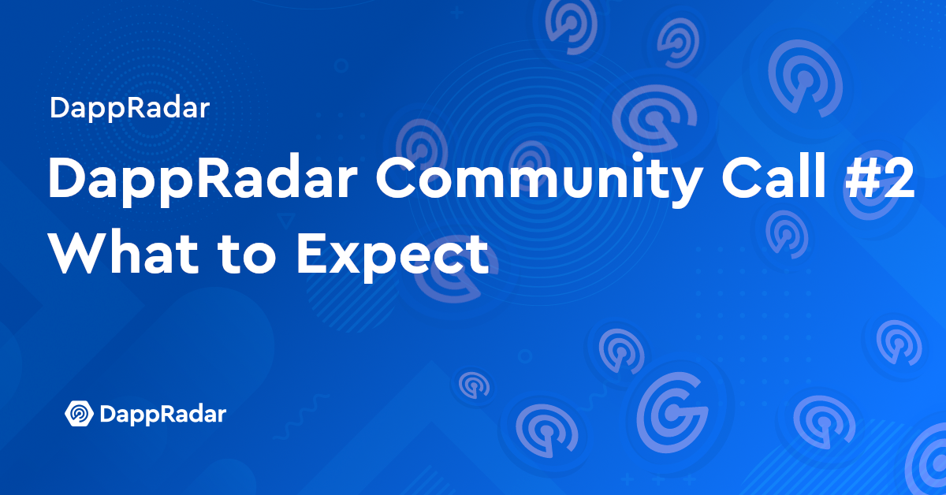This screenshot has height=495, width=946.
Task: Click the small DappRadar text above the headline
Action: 129,109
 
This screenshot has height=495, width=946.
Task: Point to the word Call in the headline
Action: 773,175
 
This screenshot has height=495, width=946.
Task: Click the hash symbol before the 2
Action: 861,177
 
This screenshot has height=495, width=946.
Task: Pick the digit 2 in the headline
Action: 898,177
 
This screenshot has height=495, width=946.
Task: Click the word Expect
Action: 393,256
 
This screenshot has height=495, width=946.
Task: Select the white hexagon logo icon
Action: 79,414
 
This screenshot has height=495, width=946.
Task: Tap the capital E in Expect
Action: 312,254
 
